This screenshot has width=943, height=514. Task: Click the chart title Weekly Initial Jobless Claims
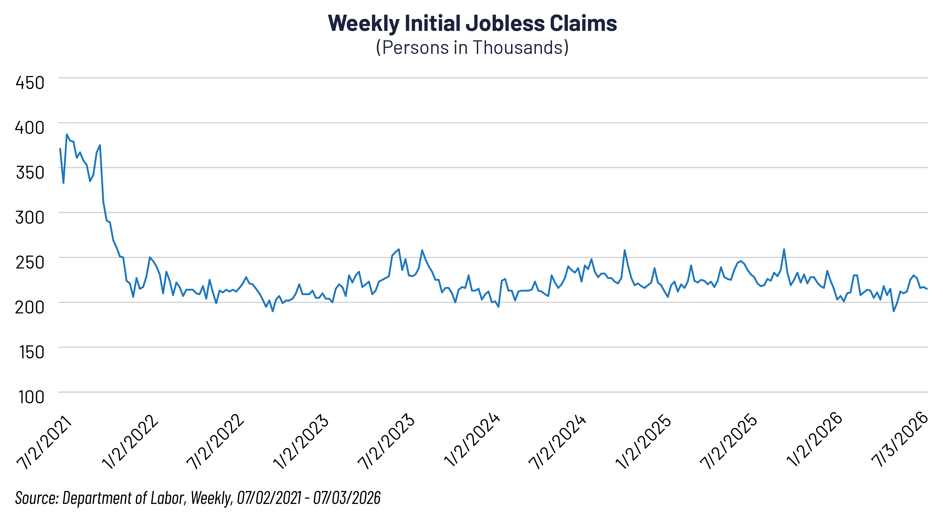click(x=472, y=23)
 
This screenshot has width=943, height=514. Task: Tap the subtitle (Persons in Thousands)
click(x=472, y=48)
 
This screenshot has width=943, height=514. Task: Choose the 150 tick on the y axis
click(x=32, y=352)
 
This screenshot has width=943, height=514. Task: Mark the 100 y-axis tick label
click(x=32, y=397)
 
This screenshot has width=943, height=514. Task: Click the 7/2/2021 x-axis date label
click(x=45, y=442)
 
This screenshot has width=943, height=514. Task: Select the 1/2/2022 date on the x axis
click(x=130, y=442)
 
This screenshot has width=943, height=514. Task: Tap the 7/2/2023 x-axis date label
click(x=387, y=442)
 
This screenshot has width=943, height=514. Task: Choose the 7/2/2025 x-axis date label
click(x=729, y=442)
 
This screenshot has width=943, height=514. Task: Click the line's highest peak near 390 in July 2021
click(x=67, y=134)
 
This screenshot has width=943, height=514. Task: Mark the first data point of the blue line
click(x=60, y=149)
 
